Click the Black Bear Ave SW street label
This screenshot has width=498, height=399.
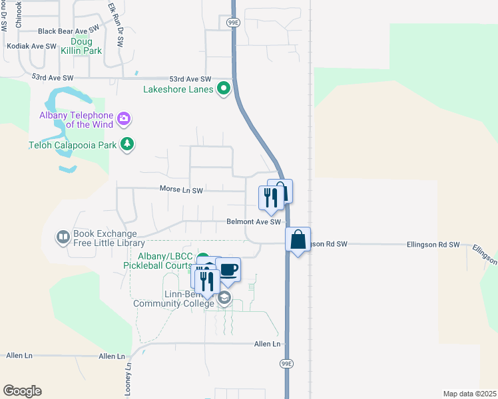[69, 31]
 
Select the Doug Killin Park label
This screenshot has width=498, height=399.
[87, 45]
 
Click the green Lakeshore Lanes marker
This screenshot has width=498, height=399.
[224, 88]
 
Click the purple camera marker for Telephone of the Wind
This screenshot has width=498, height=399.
[123, 119]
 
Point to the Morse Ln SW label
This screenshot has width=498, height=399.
[181, 190]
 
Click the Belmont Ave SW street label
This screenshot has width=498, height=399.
[254, 222]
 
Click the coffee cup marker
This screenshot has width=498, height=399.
[228, 269]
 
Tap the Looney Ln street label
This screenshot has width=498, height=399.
[128, 376]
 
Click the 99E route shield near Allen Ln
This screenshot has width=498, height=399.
[286, 364]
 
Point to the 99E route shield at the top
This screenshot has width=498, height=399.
[232, 22]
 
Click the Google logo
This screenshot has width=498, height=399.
[22, 391]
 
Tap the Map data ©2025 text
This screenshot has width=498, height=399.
[469, 394]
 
